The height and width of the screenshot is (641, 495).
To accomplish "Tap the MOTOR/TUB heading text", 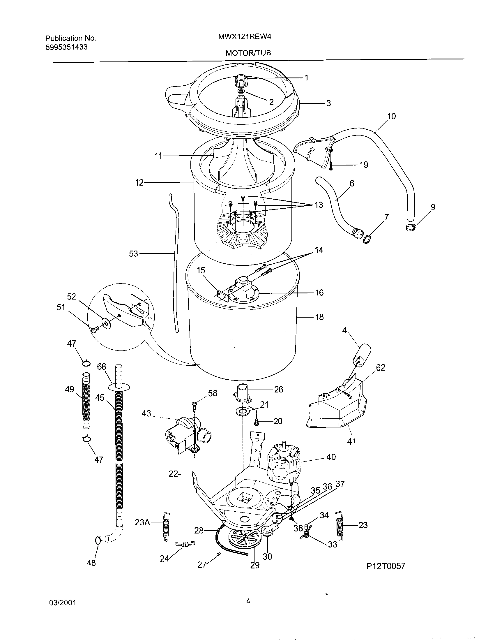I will (248, 53).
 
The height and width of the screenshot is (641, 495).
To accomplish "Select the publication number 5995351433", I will (67, 47).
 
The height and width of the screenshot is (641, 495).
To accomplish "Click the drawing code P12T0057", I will (386, 566).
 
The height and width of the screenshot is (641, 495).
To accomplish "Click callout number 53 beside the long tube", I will (133, 253).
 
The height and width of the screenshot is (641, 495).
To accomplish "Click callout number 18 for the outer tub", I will (319, 317).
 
